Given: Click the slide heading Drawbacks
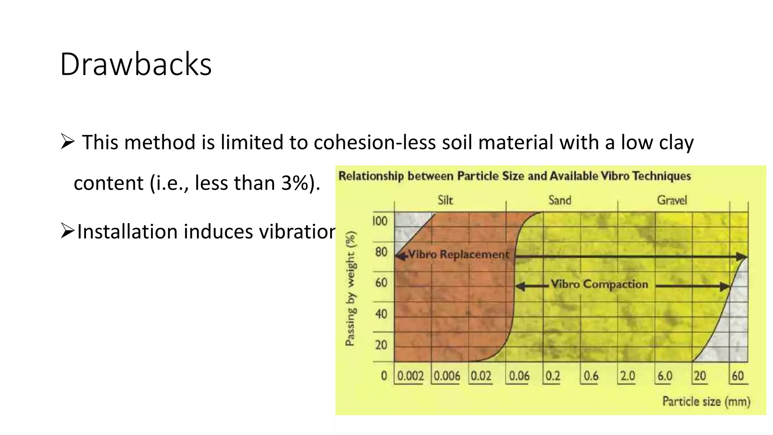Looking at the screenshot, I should pyautogui.click(x=136, y=64).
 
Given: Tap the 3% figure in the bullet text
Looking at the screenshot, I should pyautogui.click(x=295, y=183).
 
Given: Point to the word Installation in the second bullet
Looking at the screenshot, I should pyautogui.click(x=127, y=231).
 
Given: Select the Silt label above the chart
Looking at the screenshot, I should pyautogui.click(x=445, y=200).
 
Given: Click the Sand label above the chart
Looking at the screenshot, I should pyautogui.click(x=560, y=200).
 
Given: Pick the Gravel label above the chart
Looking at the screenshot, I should pyautogui.click(x=672, y=200).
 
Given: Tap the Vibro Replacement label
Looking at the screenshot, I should pyautogui.click(x=459, y=255).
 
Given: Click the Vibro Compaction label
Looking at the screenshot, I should pyautogui.click(x=599, y=284).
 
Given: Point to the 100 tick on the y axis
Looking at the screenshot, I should pyautogui.click(x=380, y=221).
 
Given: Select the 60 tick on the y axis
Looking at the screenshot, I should pyautogui.click(x=381, y=283).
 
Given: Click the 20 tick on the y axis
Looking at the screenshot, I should pyautogui.click(x=381, y=345).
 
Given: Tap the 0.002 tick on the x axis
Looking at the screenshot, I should pyautogui.click(x=410, y=376).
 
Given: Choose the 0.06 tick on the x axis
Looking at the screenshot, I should pyautogui.click(x=519, y=376).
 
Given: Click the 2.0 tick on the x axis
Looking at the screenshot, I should pyautogui.click(x=627, y=376).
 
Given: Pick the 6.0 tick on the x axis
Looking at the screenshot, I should pyautogui.click(x=665, y=376).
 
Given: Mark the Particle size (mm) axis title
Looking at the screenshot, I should pyautogui.click(x=706, y=401).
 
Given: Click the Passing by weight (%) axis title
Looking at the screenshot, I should pyautogui.click(x=350, y=288).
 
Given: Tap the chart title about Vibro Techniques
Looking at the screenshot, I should pyautogui.click(x=514, y=176).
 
